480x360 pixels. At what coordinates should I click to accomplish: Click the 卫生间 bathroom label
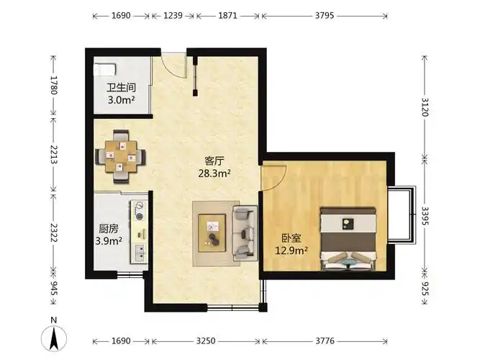coord(121,88)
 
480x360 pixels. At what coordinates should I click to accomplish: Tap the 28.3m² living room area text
coord(214,174)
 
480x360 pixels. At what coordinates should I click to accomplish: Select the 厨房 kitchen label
coord(109,228)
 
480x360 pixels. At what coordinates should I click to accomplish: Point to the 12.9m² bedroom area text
coord(291,251)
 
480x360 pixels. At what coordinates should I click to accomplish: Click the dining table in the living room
coord(121,156)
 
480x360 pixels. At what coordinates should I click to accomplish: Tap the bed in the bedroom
coord(348,239)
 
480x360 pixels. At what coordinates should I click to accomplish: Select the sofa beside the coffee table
coord(245,233)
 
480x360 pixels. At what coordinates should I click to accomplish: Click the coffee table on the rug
coord(212,233)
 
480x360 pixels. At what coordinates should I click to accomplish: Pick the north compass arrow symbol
coord(54,338)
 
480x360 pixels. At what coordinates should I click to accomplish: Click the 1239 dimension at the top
coord(173,15)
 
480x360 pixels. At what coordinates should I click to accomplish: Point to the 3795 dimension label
coord(325,15)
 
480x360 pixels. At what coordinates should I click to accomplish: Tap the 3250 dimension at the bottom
coord(206,341)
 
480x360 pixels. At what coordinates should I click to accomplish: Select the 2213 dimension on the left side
coord(54,154)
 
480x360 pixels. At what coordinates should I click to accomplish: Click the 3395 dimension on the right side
coord(425,216)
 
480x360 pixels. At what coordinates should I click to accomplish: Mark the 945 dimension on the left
coord(54,288)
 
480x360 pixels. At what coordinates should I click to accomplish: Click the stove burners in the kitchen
coord(140,211)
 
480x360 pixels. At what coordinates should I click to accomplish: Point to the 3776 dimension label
coord(325,341)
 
